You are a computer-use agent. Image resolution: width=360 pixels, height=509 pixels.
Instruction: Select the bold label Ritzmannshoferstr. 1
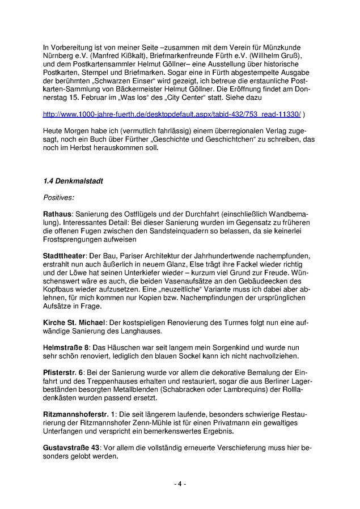click(x=79, y=415)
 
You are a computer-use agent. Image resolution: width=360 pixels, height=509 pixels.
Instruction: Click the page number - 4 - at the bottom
click(x=180, y=484)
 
